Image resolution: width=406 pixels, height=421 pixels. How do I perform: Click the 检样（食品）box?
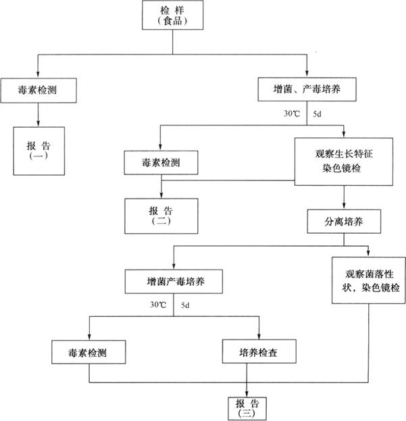(172, 15)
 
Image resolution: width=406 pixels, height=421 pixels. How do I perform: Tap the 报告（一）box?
(38, 151)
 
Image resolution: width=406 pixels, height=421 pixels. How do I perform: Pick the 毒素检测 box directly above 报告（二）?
(160, 163)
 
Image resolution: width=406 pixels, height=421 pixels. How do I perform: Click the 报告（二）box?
(160, 215)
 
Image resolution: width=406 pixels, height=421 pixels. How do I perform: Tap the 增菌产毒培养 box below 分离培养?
(174, 280)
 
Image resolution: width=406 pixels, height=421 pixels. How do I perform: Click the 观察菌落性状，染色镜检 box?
(367, 280)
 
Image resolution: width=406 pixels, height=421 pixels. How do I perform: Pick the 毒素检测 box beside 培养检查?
(88, 352)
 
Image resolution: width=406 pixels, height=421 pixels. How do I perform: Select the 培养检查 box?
(258, 352)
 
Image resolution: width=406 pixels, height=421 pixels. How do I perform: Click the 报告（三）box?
(248, 406)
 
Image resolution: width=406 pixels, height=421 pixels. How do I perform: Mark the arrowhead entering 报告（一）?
(38, 123)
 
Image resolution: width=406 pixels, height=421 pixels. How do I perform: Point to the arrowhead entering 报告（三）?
(247, 393)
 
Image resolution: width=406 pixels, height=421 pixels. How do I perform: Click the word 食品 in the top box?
(172, 21)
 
